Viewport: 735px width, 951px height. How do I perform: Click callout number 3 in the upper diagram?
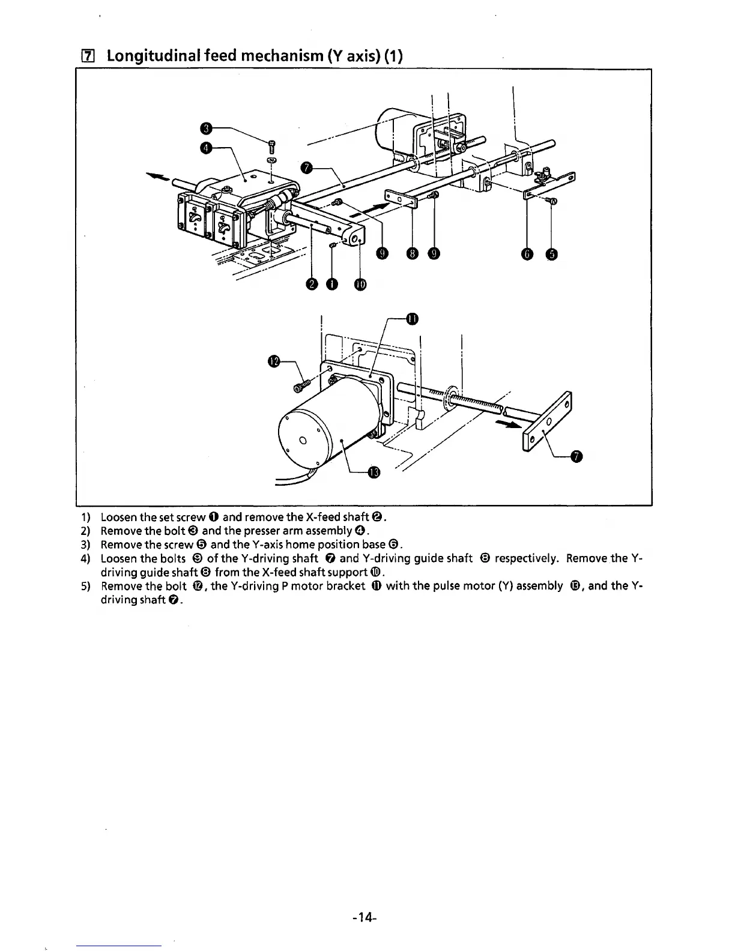(x=205, y=128)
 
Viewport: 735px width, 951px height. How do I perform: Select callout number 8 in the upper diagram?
(x=412, y=255)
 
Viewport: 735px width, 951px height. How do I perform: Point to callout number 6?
(x=527, y=255)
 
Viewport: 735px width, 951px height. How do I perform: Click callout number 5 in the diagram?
(x=551, y=255)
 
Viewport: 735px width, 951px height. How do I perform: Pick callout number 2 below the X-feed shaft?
(x=311, y=284)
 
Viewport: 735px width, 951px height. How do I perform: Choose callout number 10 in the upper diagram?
(x=360, y=284)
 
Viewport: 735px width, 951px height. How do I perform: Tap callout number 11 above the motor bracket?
(x=411, y=318)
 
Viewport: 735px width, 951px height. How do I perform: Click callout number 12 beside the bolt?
(x=274, y=361)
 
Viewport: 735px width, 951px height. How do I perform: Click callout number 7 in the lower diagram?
(x=577, y=457)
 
